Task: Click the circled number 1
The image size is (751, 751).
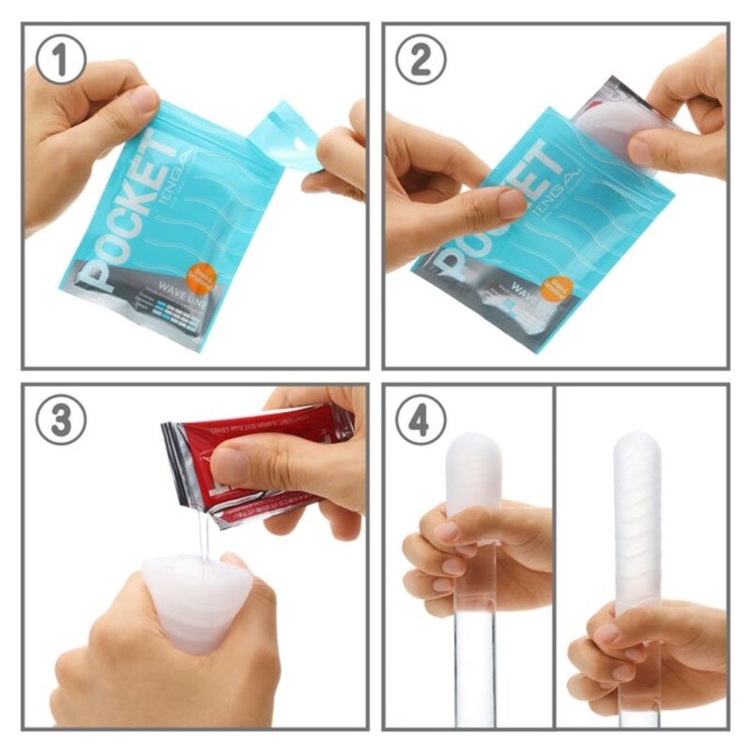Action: [61, 59]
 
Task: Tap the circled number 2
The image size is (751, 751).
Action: [421, 59]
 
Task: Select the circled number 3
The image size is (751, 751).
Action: [61, 420]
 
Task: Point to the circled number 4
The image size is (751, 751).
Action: [421, 420]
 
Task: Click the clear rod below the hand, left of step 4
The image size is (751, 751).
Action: [473, 667]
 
